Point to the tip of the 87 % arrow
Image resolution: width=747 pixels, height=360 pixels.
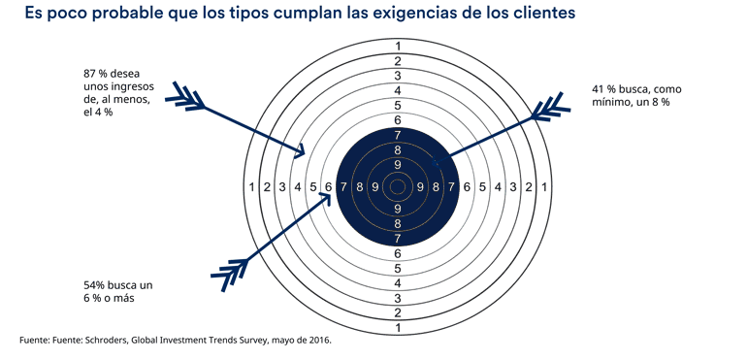pyautogui.click(x=307, y=153)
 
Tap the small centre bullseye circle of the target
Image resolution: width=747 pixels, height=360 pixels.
pyautogui.click(x=397, y=186)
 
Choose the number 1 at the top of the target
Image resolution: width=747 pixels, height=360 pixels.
pyautogui.click(x=397, y=47)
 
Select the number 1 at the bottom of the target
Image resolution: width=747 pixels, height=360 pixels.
pyautogui.click(x=397, y=328)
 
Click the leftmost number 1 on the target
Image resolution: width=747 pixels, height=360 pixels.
pyautogui.click(x=252, y=187)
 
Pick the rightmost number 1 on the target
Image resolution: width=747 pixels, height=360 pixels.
pyautogui.click(x=543, y=187)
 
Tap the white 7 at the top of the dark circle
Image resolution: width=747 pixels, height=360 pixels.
pyautogui.click(x=397, y=135)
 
